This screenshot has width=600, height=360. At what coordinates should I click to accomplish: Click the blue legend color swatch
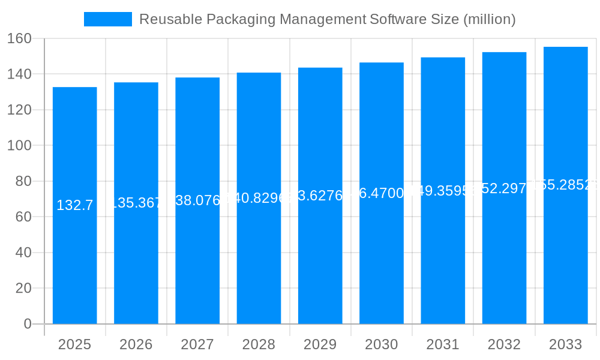coord(108,19)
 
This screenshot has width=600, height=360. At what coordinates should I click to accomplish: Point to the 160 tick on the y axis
coord(19,38)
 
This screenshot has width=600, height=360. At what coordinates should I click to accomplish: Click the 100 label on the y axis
coord(19,145)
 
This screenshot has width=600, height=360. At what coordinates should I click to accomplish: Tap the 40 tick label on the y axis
coord(23,253)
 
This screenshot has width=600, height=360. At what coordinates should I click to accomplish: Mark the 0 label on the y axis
coord(27,324)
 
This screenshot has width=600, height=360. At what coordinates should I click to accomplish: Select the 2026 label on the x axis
coord(136,344)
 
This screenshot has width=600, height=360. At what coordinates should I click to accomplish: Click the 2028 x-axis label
coord(259,344)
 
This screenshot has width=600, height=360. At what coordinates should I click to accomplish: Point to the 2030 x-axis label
coord(382,344)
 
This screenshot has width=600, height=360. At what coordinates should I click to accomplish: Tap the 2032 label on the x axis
coord(504,344)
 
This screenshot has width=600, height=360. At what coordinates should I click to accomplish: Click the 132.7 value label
coord(75,205)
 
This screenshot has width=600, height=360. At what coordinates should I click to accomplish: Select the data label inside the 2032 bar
coord(504,188)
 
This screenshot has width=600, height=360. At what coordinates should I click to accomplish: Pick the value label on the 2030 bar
coord(382,193)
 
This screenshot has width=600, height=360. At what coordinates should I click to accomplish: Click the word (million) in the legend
coord(490,19)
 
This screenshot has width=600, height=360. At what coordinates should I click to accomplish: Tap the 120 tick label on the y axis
coord(19,110)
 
